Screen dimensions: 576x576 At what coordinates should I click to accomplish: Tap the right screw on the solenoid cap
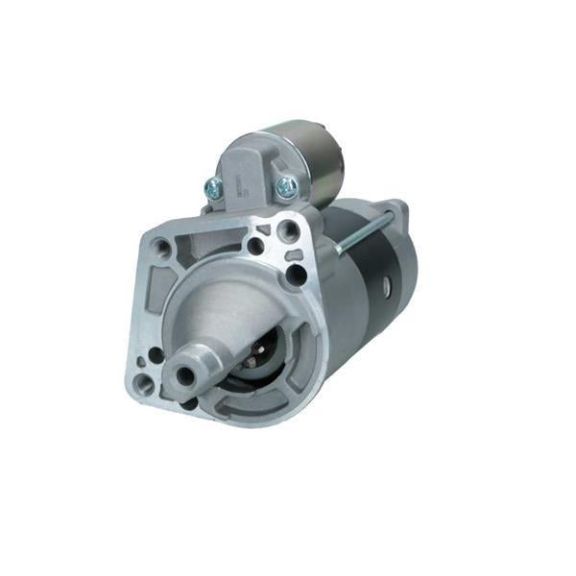tap(285, 188)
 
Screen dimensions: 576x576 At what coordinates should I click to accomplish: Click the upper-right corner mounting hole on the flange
tap(287, 229)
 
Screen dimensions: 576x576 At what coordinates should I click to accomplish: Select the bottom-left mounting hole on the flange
tap(143, 384)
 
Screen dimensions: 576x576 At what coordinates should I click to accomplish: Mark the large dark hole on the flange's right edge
tap(297, 275)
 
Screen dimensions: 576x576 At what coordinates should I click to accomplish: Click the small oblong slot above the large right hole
tap(296, 254)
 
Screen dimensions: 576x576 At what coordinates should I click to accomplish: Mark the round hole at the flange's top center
tap(255, 246)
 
